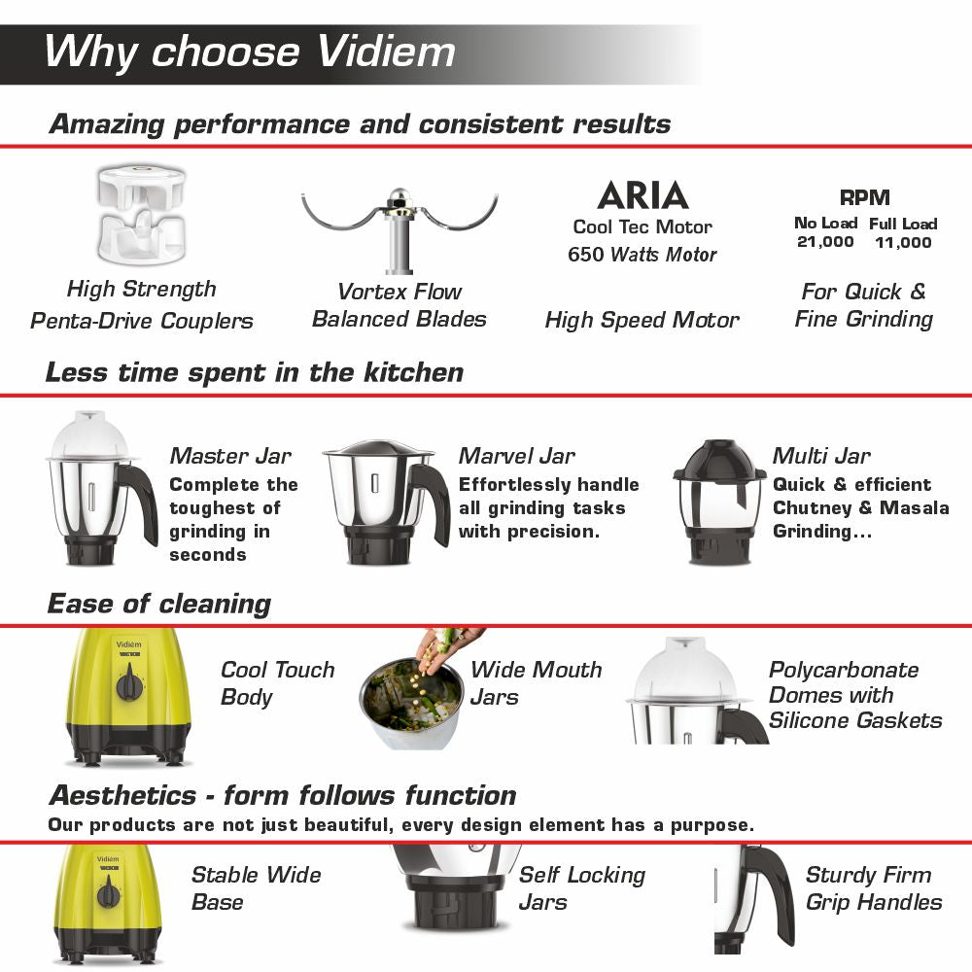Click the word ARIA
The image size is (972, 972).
coord(642,195)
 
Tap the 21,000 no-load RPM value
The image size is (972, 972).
coord(825,242)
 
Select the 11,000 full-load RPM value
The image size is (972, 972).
coord(903,242)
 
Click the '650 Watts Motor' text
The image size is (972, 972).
coord(642,255)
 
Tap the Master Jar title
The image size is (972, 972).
coord(230,456)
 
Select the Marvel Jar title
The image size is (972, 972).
coord(517,456)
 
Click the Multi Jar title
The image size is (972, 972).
coord(821,456)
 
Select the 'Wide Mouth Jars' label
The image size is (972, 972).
coord(536,683)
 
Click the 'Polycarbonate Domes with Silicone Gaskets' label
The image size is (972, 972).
coord(855,695)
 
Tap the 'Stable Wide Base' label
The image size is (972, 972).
coord(256,888)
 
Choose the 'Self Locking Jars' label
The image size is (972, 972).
coord(581,888)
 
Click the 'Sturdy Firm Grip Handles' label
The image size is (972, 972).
coord(873,888)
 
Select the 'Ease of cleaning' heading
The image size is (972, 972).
coord(159,604)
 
